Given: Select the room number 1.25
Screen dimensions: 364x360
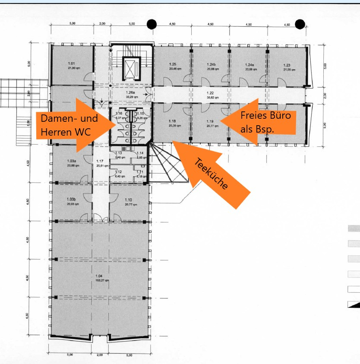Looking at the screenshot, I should point(173,64).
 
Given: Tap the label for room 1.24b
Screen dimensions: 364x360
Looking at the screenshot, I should point(211,64).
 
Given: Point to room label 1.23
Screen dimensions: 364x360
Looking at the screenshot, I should point(287,65).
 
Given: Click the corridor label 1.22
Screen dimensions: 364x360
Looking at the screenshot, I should point(210,93).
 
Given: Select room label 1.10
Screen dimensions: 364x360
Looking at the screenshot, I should point(128,199).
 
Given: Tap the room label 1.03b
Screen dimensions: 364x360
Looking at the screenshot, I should point(72,199).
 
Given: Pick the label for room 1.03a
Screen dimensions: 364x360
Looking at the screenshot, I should point(72,161).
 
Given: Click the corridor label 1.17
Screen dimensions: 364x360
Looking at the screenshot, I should point(100,161).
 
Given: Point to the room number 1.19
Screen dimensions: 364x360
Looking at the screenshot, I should point(210,121).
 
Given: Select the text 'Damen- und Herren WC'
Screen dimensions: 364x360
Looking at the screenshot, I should point(69,125).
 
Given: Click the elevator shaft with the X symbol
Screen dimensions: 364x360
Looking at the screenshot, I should point(131,68).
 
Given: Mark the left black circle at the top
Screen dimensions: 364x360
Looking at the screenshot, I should point(152,24).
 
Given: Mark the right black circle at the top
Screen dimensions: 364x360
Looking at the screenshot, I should point(299,24).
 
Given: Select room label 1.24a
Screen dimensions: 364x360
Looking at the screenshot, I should point(249,64).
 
